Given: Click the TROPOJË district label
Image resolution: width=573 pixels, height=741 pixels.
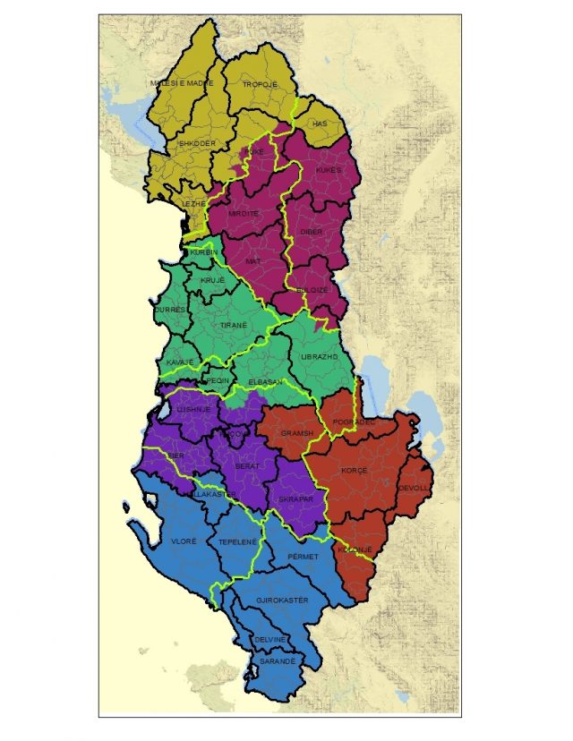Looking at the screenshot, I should [261, 84].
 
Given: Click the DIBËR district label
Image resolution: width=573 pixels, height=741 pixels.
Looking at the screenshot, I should [312, 231].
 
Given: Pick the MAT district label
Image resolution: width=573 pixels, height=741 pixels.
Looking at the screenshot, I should [252, 261].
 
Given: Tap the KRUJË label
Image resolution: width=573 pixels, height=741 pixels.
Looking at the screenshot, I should [212, 281].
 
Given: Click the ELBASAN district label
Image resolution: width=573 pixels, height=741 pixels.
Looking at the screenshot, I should [266, 382].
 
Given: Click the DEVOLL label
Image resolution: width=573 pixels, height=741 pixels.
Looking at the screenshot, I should [415, 488].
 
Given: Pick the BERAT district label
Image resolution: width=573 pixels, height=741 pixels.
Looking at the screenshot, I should [246, 466].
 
